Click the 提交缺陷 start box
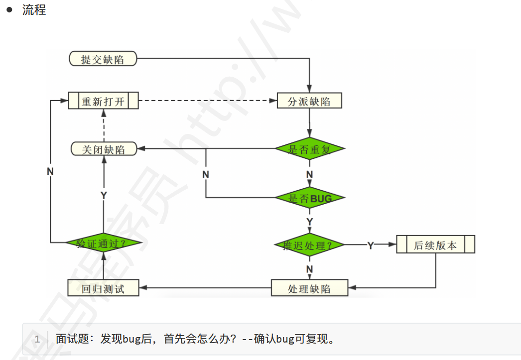point(103,59)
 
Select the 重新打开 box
point(103,102)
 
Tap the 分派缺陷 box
point(309,102)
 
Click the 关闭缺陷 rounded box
point(104,149)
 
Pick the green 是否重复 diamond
point(310,149)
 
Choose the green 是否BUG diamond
point(310,199)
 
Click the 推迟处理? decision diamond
point(309,245)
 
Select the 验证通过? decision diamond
point(103,243)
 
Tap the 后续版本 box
point(435,245)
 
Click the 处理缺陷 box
point(309,288)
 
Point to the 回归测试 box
point(103,288)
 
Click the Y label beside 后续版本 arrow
point(371,246)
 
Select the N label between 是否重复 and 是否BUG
point(309,174)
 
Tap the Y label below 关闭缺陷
point(104,195)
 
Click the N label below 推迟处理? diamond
point(309,269)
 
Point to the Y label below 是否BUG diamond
point(309,221)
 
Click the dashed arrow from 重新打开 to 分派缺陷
point(207,102)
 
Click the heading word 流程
point(34,10)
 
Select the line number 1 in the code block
point(37,340)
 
